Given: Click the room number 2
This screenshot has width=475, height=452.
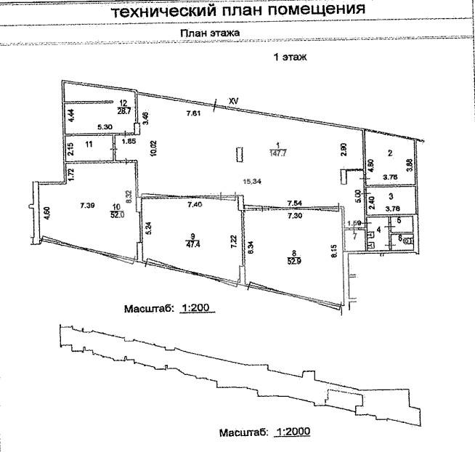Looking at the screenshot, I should pyautogui.click(x=389, y=153).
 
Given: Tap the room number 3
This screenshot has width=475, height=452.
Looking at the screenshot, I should pyautogui.click(x=390, y=196).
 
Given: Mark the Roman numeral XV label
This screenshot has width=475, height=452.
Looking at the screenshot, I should pyautogui.click(x=233, y=100).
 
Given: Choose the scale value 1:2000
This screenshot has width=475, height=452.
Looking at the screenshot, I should pyautogui.click(x=295, y=432).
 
